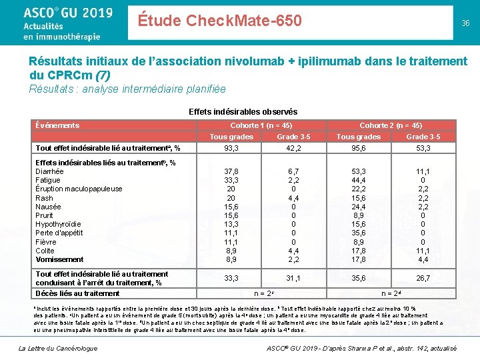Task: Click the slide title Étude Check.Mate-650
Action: [x=220, y=21]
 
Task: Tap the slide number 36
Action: [x=465, y=23]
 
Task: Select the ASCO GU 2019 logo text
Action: [x=67, y=13]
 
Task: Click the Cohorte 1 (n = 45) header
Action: [x=261, y=125]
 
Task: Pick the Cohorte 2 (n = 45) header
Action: [x=391, y=125]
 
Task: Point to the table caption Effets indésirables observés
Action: [x=243, y=112]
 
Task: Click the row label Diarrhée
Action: [x=50, y=171]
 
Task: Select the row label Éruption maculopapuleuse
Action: [x=79, y=189]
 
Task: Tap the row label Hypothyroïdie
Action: [x=58, y=224]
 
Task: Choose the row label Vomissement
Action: [x=59, y=259]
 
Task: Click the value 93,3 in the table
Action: [x=233, y=147]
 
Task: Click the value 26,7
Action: [x=423, y=278]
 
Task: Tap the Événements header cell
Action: [x=57, y=125]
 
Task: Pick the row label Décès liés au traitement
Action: [x=77, y=293]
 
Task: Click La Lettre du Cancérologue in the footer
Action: [x=57, y=348]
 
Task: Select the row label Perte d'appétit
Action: [x=59, y=233]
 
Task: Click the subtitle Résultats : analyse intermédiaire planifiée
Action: [x=127, y=89]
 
